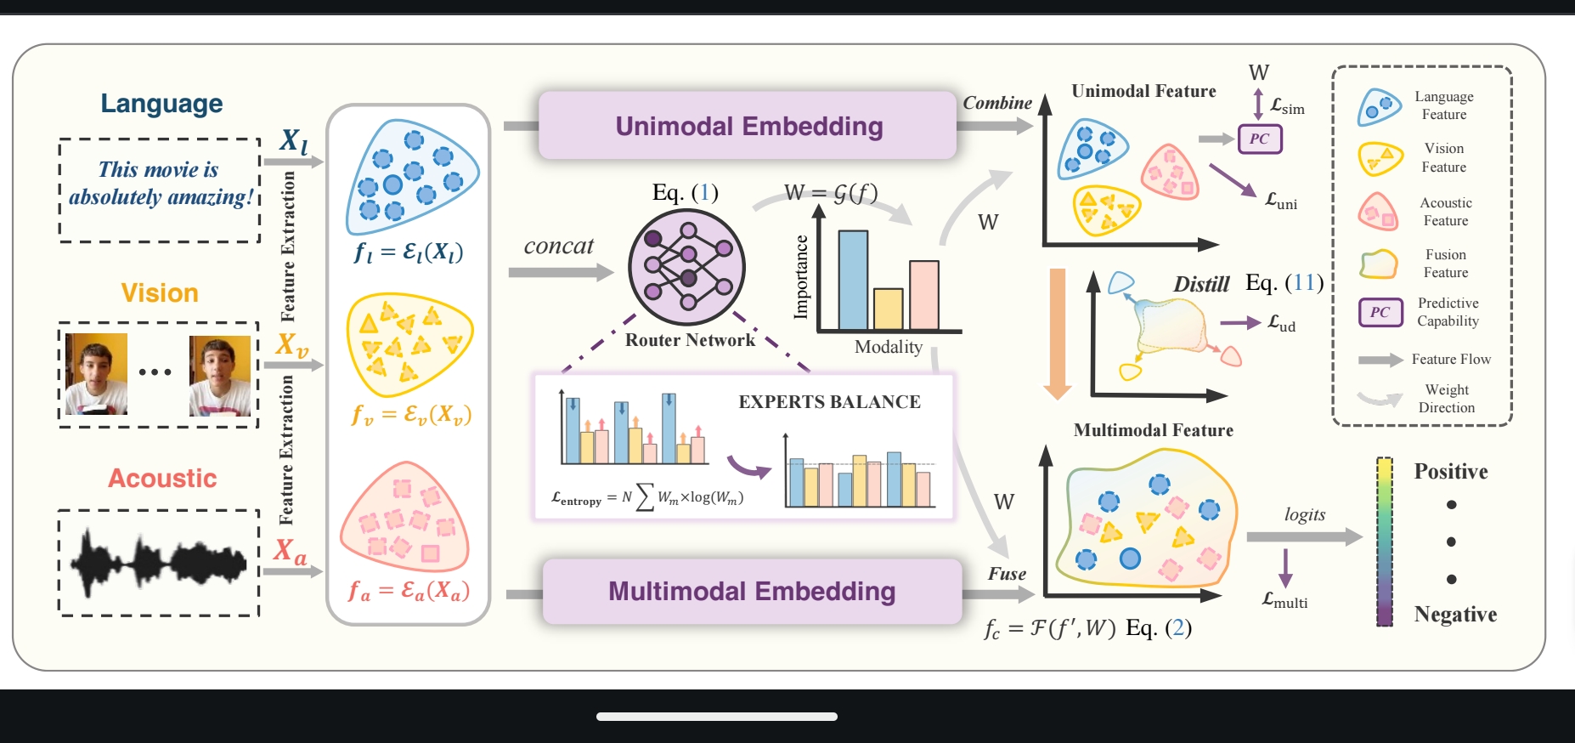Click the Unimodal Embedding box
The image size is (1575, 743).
tap(748, 126)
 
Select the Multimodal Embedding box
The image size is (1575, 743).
tap(752, 591)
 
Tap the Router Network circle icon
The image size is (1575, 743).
tap(686, 266)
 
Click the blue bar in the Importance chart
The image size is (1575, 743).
tap(853, 280)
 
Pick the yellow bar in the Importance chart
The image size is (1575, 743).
tap(888, 309)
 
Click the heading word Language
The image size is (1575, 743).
tap(161, 104)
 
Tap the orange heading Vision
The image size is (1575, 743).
tap(160, 293)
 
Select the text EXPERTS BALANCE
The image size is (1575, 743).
tap(829, 402)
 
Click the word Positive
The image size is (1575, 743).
tap(1450, 472)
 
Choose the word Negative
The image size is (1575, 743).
tap(1455, 615)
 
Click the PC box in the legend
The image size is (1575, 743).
tap(1380, 312)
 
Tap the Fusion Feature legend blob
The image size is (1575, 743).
tap(1379, 264)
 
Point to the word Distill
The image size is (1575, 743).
tap(1201, 285)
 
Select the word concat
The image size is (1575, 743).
tap(558, 247)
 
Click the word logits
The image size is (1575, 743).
tap(1305, 514)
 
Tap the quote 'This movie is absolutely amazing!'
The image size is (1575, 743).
tap(161, 184)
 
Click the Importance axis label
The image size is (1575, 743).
tap(801, 277)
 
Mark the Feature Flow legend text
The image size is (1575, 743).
tap(1451, 360)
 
